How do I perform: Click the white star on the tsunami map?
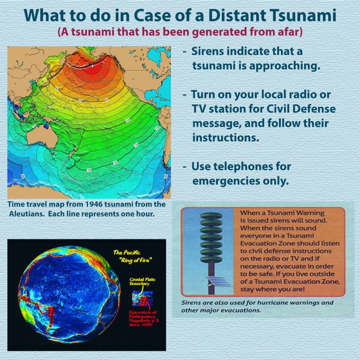click(92, 66)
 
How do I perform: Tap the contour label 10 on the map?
click(128, 120)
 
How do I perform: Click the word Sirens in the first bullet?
click(207, 51)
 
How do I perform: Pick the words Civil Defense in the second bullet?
click(301, 109)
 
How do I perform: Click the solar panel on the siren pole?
click(219, 282)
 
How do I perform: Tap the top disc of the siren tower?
click(211, 216)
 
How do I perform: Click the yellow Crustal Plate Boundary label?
click(142, 282)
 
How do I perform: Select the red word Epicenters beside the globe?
click(143, 312)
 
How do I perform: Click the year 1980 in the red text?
click(147, 324)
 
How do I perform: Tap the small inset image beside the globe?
click(142, 298)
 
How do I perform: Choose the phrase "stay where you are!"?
click(272, 289)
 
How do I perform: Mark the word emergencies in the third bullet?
click(226, 181)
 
